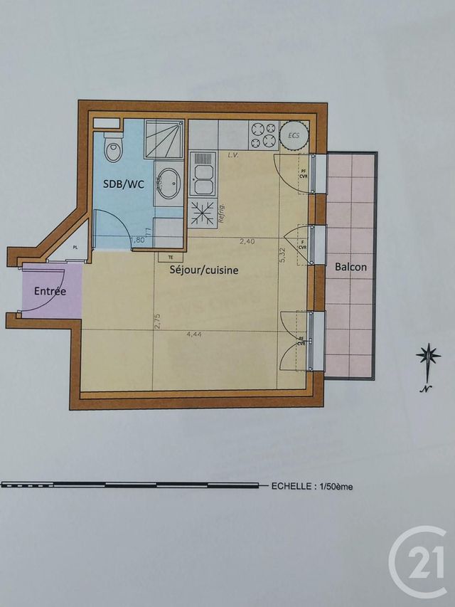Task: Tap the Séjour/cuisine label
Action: coord(204,270)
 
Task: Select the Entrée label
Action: coord(50,291)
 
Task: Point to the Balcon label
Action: coord(350,267)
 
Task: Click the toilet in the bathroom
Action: coord(113,149)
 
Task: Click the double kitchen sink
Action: coord(203,173)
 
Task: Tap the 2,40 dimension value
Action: coord(247,242)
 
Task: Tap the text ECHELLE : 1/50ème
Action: coord(312,487)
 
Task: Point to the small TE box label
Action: coord(170,257)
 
